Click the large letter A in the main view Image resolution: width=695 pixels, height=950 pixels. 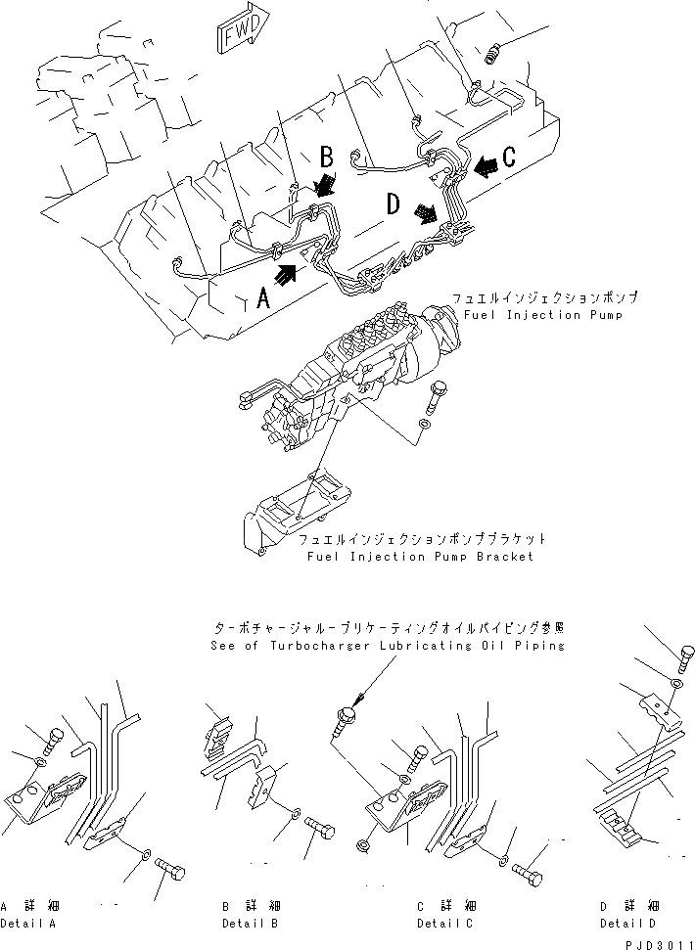coord(262,296)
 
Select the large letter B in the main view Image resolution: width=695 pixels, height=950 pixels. coord(327,157)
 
